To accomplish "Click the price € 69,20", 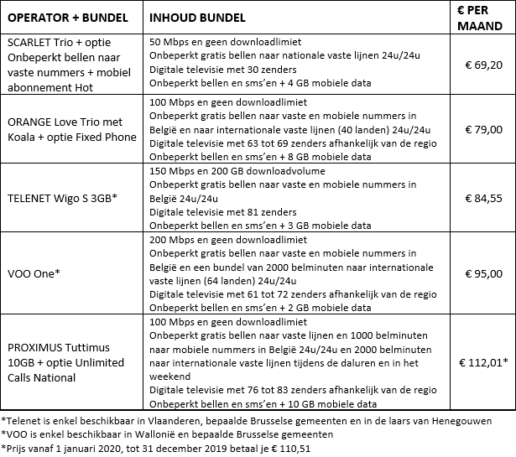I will coord(483,63).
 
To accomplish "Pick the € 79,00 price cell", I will coord(483,129).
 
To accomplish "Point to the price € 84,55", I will coord(483,199).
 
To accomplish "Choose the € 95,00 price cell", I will coord(483,273).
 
